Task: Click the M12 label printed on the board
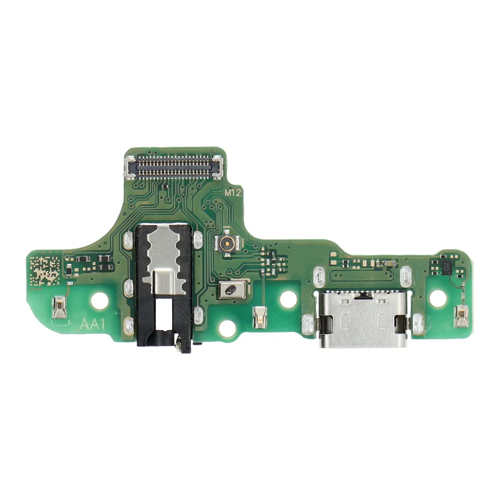[234, 192]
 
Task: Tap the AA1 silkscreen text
[92, 324]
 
